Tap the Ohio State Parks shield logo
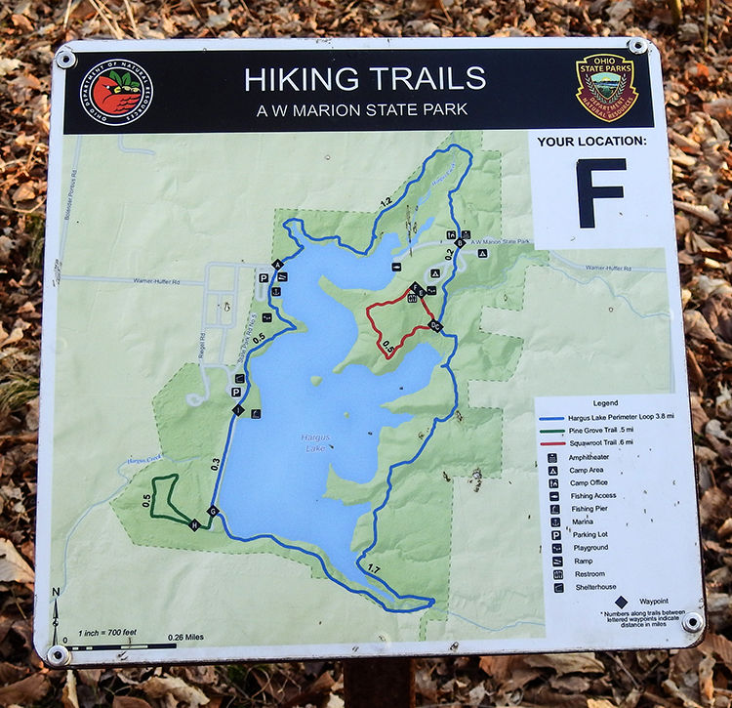click(x=605, y=88)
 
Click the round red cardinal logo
click(x=116, y=94)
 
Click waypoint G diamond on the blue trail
click(x=213, y=511)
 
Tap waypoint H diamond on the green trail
click(x=194, y=525)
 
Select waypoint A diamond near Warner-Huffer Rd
click(x=277, y=265)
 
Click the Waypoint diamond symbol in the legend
click(x=621, y=601)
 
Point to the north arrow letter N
click(x=56, y=592)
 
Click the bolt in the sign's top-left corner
click(x=66, y=60)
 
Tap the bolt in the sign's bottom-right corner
click(x=693, y=622)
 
